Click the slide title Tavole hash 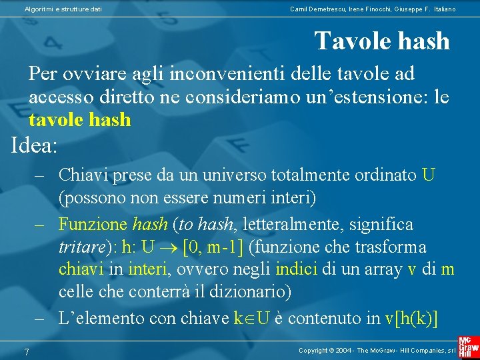[x=382, y=41]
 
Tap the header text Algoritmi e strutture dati [x=63, y=9]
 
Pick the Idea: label [x=35, y=145]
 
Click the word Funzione [x=93, y=223]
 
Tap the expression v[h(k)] [x=412, y=318]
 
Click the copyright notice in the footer [x=377, y=350]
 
